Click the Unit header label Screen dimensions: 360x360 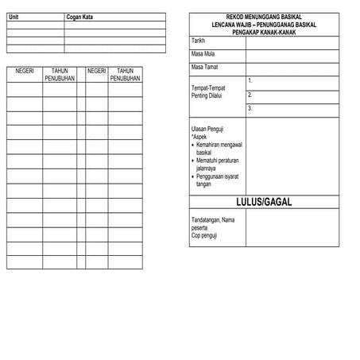click(x=12, y=17)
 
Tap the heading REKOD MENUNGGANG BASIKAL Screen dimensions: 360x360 click(x=271, y=17)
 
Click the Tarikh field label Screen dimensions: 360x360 click(x=199, y=40)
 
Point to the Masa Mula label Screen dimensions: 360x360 click(x=204, y=53)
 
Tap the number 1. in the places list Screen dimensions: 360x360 click(x=250, y=81)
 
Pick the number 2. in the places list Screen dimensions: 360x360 click(x=250, y=95)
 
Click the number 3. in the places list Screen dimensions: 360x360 click(x=250, y=108)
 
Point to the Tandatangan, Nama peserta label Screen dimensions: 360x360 click(x=213, y=223)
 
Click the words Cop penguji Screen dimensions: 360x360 click(x=205, y=236)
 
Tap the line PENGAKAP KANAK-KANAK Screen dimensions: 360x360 click(x=271, y=32)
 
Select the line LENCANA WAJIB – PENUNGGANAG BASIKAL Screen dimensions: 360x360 click(x=271, y=25)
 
